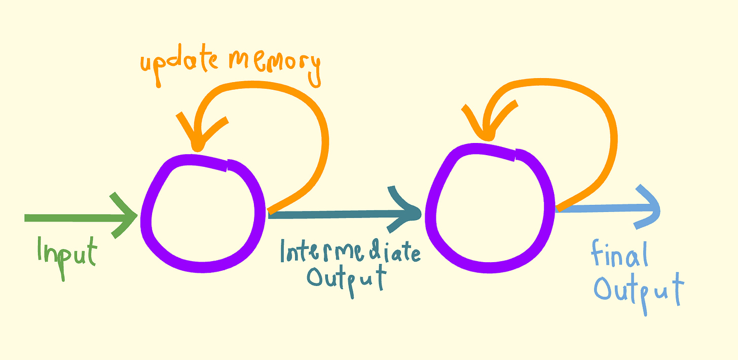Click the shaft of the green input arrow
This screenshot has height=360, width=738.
tap(71, 218)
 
